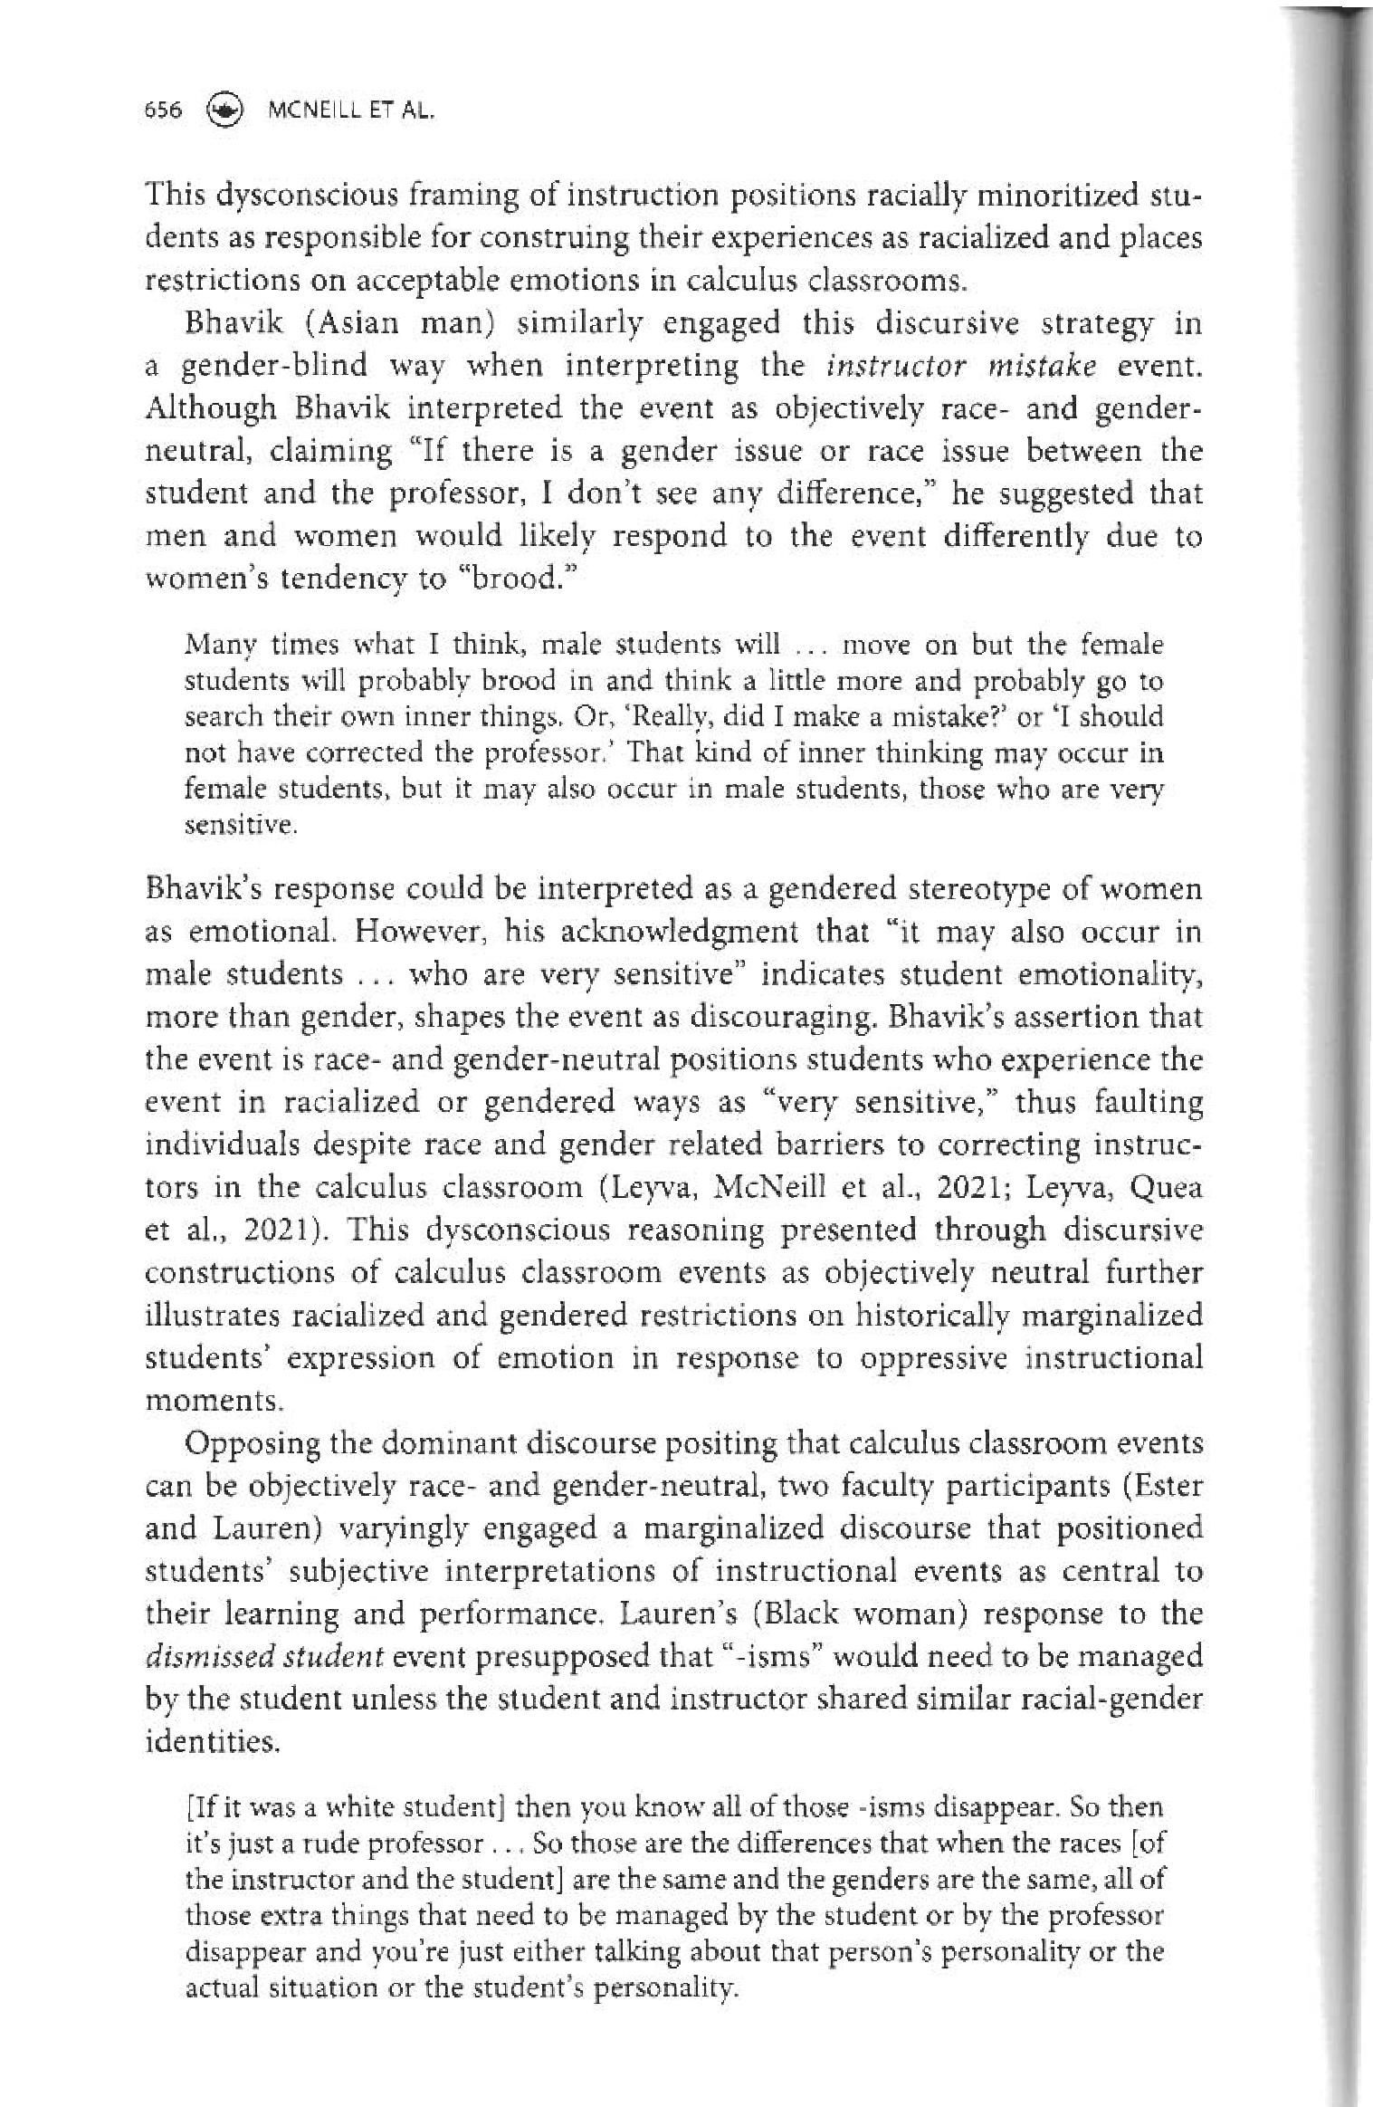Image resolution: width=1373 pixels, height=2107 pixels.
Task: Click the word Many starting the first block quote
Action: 211,646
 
